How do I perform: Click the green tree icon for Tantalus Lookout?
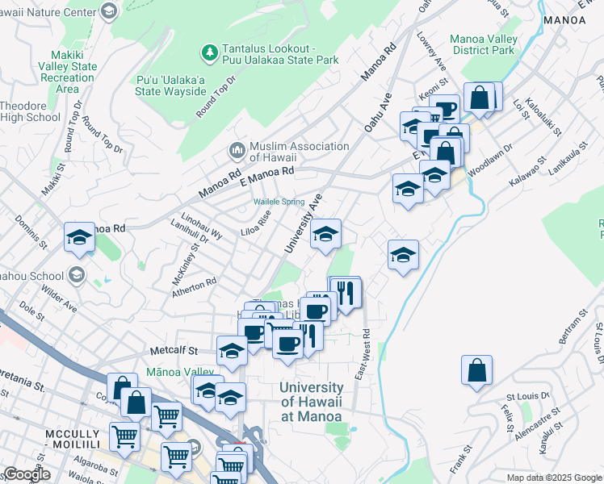pos(210,53)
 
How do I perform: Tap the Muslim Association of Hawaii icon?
pos(237,151)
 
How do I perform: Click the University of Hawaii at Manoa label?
pos(311,402)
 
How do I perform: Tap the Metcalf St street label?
pos(174,351)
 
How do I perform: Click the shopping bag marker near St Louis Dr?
pos(477,371)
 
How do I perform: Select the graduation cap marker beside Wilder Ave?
pos(79,237)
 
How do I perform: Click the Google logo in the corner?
pos(27,474)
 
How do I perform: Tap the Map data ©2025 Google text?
pos(554,478)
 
